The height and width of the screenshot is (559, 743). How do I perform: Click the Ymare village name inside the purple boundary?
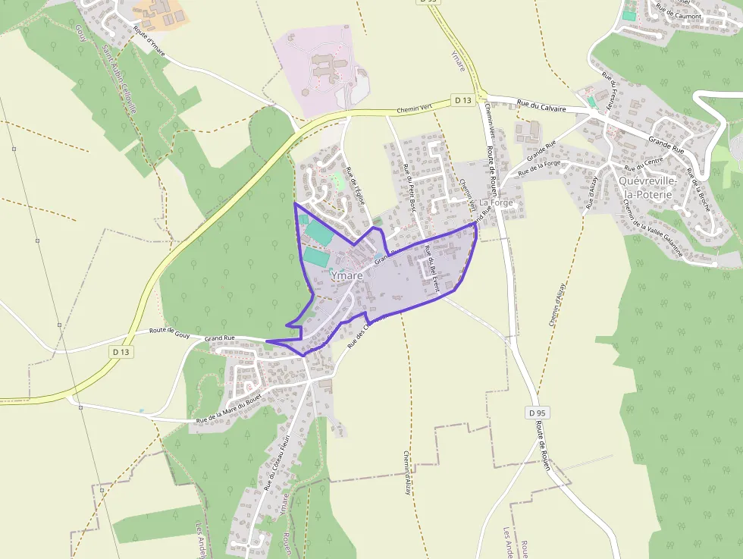[x=347, y=276]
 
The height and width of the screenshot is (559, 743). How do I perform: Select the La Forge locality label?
[x=496, y=203]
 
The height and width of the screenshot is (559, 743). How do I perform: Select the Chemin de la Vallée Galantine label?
[x=650, y=231]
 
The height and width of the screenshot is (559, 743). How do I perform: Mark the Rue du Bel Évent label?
[x=431, y=269]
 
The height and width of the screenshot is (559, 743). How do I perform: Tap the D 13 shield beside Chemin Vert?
[x=462, y=100]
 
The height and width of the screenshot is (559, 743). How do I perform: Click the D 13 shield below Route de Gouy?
[x=121, y=352]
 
